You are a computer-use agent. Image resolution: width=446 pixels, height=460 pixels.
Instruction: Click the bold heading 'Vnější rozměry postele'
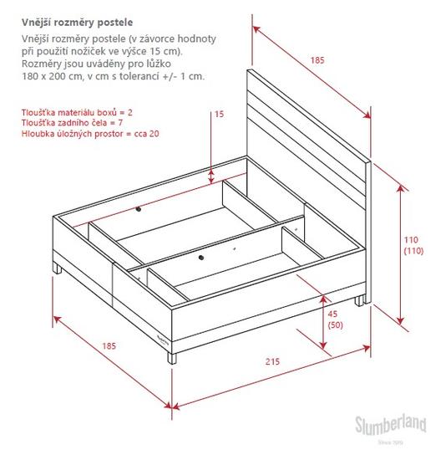click(77, 23)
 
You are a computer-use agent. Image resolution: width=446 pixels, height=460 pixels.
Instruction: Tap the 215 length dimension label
click(272, 361)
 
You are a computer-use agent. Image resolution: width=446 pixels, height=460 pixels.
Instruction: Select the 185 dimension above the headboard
click(317, 60)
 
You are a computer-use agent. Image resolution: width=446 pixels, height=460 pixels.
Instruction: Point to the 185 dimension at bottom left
click(109, 346)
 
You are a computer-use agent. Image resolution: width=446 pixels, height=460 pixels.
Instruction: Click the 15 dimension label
click(219, 114)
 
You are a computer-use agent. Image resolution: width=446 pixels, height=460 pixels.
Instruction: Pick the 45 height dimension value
click(332, 314)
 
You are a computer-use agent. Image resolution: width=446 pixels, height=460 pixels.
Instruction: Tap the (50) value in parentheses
click(335, 325)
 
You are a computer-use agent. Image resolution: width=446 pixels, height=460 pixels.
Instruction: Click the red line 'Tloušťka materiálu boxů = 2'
click(77, 112)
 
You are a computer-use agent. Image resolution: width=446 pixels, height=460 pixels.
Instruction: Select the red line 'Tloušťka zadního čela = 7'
click(72, 123)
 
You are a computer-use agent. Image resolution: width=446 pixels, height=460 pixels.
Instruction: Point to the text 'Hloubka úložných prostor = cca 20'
click(90, 134)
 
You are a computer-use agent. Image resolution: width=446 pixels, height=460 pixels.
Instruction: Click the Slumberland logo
click(391, 426)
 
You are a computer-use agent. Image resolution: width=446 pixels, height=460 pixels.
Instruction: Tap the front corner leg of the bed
click(172, 358)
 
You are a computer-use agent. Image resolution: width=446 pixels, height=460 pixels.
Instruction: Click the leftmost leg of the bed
click(58, 268)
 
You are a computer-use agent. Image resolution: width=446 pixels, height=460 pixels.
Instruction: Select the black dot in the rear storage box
click(139, 209)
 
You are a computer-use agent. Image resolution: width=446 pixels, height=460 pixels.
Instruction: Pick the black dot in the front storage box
click(200, 258)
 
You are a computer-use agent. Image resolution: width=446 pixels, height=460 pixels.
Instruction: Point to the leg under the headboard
click(359, 301)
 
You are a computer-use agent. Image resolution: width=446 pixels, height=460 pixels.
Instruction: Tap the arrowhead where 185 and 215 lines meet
click(172, 406)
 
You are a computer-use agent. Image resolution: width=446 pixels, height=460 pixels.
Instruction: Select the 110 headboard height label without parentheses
click(411, 240)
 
